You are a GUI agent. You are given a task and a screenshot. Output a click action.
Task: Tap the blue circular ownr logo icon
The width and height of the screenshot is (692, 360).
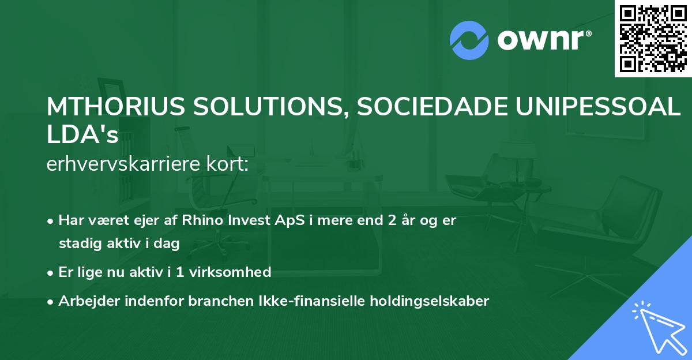click(469, 40)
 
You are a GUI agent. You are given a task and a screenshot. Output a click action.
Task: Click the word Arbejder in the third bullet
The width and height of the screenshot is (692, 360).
click(85, 301)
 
